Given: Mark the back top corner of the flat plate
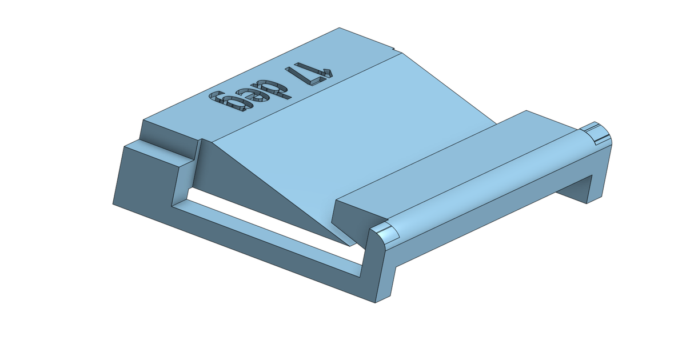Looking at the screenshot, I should pos(340,29).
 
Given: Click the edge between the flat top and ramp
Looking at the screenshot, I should pos(309,97).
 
